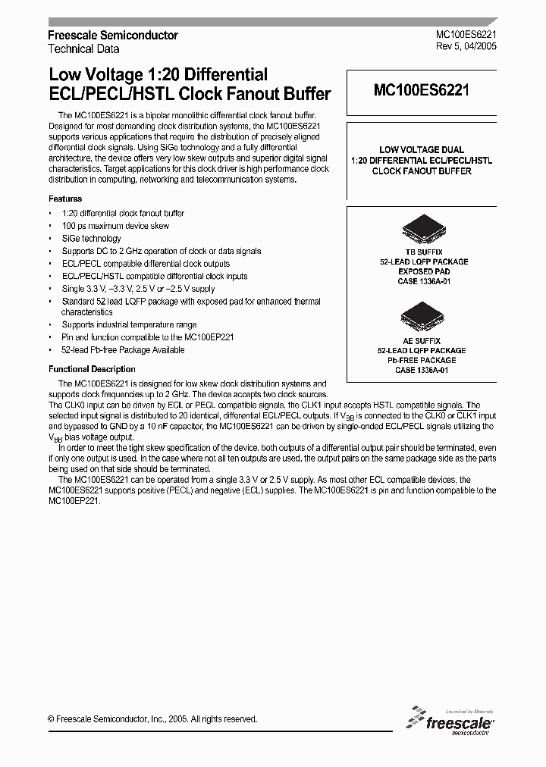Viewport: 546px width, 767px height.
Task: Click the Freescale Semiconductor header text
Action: pyautogui.click(x=113, y=36)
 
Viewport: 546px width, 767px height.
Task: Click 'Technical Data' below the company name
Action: pyautogui.click(x=83, y=49)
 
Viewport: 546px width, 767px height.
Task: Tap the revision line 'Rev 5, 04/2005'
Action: pyautogui.click(x=466, y=48)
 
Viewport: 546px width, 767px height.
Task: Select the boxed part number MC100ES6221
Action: pyautogui.click(x=422, y=91)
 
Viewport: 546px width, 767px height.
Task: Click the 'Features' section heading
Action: pyautogui.click(x=65, y=199)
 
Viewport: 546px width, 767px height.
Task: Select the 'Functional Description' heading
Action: pyautogui.click(x=92, y=369)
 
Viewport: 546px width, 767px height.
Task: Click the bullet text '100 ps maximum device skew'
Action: pyautogui.click(x=115, y=226)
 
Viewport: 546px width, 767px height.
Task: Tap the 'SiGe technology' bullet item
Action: pyautogui.click(x=91, y=239)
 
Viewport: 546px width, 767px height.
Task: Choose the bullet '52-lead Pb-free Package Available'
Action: pyautogui.click(x=123, y=350)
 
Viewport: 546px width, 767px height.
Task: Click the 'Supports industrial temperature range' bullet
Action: pyautogui.click(x=129, y=325)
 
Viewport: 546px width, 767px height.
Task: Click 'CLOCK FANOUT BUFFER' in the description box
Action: pyautogui.click(x=422, y=171)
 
